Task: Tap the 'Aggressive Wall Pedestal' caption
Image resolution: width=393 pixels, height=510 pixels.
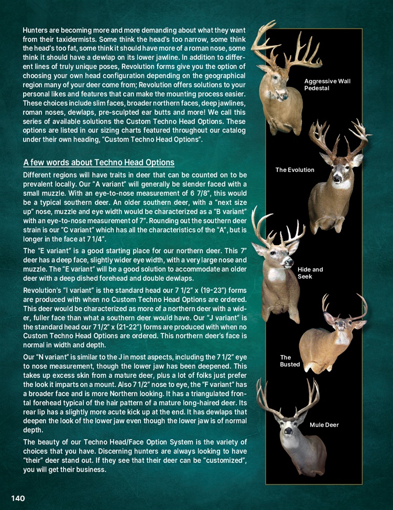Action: coord(327,85)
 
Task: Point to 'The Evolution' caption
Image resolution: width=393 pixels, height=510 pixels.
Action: coord(295,170)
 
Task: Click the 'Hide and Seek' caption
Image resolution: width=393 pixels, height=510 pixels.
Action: coord(310,273)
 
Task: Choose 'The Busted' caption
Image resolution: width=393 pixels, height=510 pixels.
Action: coord(290,361)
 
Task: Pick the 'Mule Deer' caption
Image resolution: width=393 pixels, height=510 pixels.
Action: coord(324,425)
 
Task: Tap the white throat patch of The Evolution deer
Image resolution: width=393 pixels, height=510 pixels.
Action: coord(342,184)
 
